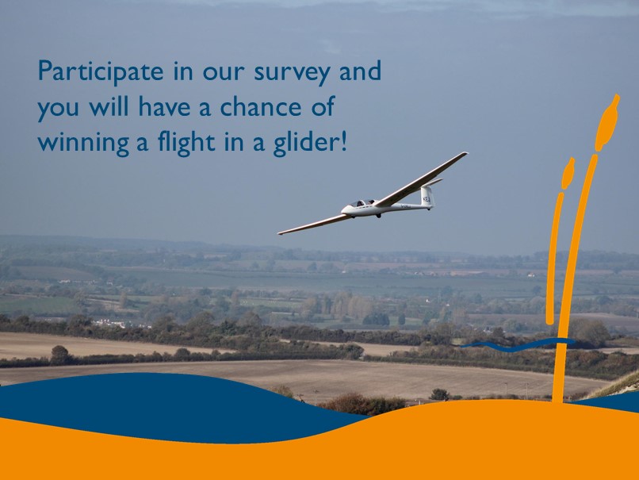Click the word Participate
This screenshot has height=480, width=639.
click(101, 71)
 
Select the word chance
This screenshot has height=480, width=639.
click(260, 106)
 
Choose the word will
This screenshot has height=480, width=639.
click(109, 106)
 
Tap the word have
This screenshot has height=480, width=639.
click(164, 106)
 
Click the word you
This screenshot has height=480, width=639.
click(58, 109)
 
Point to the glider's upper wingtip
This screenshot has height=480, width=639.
click(466, 154)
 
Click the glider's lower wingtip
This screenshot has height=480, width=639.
click(281, 233)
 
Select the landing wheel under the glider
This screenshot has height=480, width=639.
click(379, 216)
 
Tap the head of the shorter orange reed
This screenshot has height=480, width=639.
click(568, 174)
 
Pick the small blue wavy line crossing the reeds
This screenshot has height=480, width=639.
click(518, 345)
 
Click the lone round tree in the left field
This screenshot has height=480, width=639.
click(60, 354)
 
